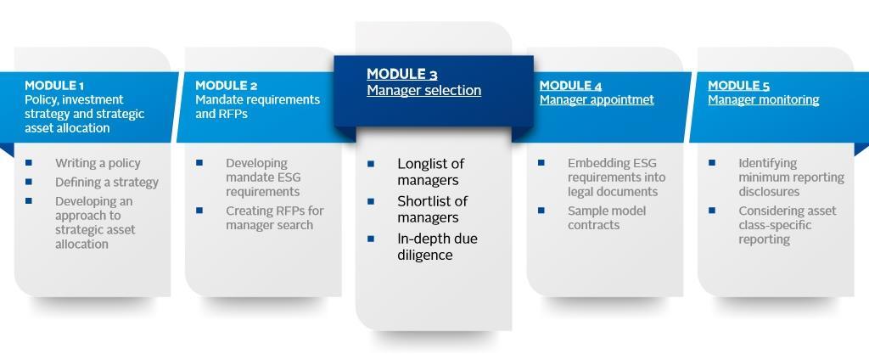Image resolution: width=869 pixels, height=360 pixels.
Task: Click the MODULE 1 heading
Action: [x=54, y=86]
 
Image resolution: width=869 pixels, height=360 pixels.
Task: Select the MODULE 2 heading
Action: [x=226, y=86]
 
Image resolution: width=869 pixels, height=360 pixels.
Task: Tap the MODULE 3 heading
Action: [x=402, y=75]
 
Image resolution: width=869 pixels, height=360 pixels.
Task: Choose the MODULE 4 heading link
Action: [x=571, y=86]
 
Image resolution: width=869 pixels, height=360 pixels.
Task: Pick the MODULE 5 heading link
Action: [x=740, y=86]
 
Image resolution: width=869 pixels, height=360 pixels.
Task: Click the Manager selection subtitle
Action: [x=424, y=90]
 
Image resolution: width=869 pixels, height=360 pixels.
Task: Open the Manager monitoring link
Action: [x=764, y=100]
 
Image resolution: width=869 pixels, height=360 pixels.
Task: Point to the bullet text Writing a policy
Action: [x=98, y=163]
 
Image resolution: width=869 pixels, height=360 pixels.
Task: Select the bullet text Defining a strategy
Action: [x=107, y=182]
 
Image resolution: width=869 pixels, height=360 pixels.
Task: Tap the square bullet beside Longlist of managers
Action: [x=371, y=164]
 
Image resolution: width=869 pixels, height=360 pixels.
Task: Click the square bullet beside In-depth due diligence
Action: [x=371, y=239]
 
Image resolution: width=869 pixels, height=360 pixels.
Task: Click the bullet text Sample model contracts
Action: [x=606, y=218]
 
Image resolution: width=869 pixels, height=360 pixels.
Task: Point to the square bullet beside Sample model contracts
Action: [x=541, y=211]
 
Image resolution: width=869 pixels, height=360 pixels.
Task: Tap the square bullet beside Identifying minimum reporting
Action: [x=712, y=163]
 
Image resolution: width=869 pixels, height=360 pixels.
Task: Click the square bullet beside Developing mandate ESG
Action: [x=199, y=163]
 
